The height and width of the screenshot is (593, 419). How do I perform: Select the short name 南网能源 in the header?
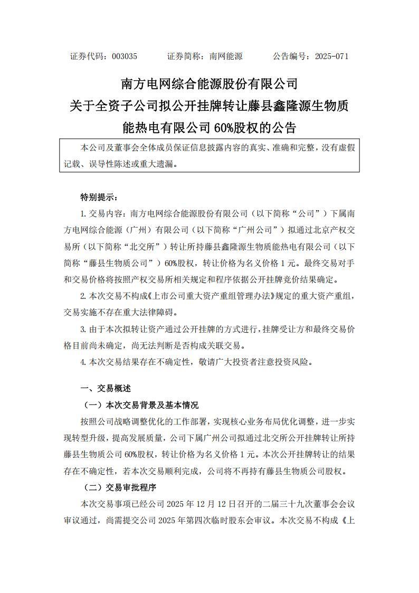coord(226,56)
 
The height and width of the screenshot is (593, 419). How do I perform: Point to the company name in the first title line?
coord(209,84)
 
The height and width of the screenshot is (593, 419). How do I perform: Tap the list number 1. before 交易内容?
coord(83,214)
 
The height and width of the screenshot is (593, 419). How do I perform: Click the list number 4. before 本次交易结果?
coord(83,362)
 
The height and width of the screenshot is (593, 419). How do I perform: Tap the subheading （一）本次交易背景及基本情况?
coord(141,405)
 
